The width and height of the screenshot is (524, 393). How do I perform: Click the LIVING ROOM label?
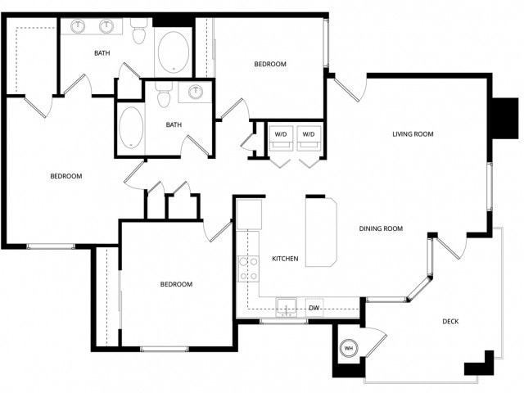[x=413, y=134]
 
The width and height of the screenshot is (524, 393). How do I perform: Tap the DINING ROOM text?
[x=382, y=229]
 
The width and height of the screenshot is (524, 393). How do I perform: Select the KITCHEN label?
[x=285, y=260]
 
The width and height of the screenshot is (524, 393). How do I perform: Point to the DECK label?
[x=450, y=322]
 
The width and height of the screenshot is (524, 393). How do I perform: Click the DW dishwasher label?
[x=314, y=309]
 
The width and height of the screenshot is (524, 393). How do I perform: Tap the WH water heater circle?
[x=349, y=346]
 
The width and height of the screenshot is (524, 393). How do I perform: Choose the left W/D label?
[x=280, y=133]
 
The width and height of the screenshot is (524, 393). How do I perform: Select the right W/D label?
[x=308, y=133]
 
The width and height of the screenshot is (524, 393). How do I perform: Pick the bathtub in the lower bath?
[x=130, y=127]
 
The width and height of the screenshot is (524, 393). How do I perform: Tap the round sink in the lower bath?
[x=196, y=92]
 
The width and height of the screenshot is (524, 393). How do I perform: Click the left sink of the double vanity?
[x=79, y=26]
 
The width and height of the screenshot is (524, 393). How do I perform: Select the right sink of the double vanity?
[x=106, y=26]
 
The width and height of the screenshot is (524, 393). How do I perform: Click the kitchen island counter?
[x=321, y=231]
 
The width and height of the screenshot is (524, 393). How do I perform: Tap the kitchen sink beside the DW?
[x=286, y=306]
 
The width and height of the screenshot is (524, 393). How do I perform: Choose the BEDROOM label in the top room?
[x=269, y=64]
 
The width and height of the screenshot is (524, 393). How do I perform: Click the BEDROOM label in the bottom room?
[x=175, y=284]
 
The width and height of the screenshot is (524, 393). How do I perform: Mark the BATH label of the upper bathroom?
[x=102, y=53]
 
